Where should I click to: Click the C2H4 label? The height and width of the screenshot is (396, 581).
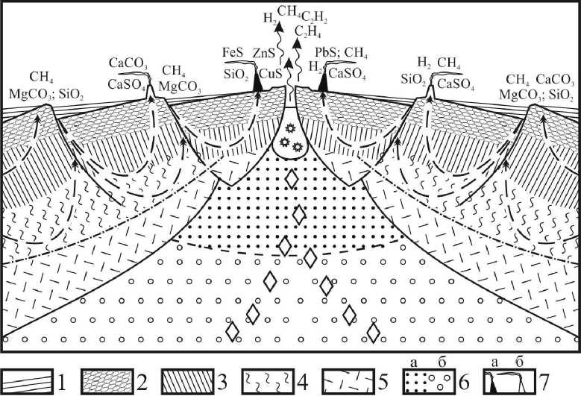point(309,31)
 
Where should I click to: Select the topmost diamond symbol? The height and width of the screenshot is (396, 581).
point(293,179)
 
